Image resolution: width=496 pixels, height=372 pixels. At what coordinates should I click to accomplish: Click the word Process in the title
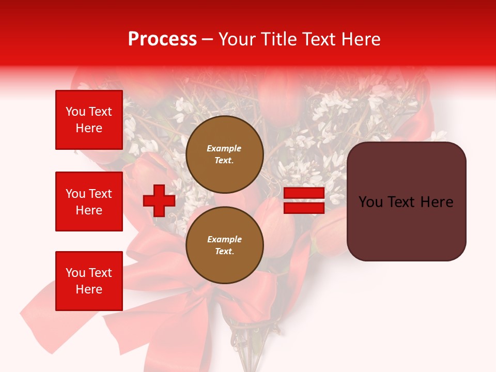tap(162, 39)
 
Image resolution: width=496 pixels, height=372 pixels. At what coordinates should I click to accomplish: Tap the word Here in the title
tap(360, 39)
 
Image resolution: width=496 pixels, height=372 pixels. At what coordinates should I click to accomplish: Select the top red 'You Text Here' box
tap(89, 120)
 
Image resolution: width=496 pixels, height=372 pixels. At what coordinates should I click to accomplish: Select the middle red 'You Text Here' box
tap(89, 202)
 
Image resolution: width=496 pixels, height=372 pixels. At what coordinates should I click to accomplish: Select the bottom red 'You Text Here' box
tap(89, 281)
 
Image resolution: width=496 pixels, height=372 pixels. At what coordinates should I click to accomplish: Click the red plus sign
tap(159, 201)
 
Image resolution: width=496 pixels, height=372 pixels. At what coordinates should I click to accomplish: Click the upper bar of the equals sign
tap(304, 193)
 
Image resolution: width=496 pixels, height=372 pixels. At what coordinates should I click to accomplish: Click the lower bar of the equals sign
tap(304, 208)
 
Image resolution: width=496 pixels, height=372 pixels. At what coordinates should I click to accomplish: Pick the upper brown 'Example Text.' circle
tap(224, 154)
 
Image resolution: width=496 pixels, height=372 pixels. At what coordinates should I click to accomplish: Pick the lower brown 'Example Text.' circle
tap(224, 245)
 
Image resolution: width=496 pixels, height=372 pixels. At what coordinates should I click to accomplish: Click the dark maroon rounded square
tap(406, 202)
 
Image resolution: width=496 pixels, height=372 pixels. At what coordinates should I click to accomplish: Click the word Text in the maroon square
tap(402, 202)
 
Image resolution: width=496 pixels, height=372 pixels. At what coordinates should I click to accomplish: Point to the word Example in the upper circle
tap(224, 148)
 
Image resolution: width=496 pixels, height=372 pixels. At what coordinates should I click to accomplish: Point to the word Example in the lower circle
tap(224, 239)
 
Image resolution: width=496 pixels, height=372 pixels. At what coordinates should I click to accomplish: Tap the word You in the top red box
tap(75, 112)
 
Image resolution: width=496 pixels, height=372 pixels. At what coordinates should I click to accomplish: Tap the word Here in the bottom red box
tap(89, 289)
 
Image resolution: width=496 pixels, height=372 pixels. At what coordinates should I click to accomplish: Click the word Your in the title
tap(237, 39)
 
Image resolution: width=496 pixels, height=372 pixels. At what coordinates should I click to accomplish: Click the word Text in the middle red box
tap(100, 194)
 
